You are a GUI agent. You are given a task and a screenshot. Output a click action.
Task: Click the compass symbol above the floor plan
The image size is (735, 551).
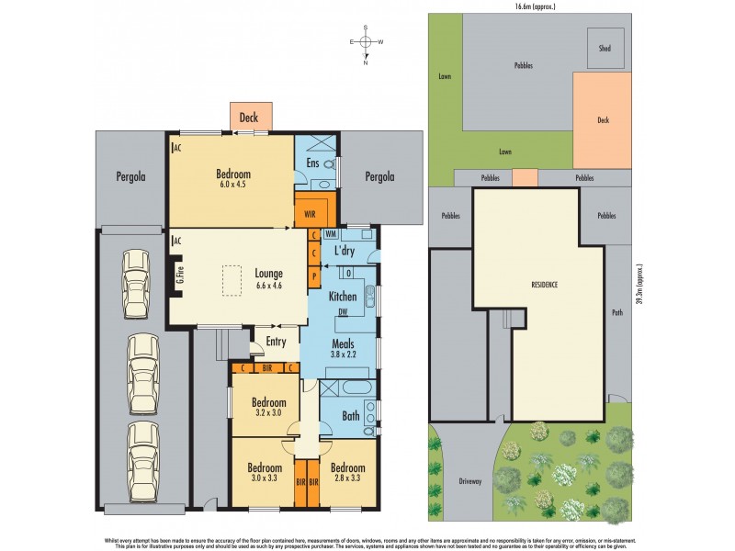pos(366,43)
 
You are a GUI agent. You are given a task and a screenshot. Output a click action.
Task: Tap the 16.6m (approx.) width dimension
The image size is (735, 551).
pos(530,6)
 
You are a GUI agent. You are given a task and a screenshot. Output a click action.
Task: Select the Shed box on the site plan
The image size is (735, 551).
pos(605,47)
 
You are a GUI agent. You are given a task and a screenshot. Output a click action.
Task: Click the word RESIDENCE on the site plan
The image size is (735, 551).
pos(544,285)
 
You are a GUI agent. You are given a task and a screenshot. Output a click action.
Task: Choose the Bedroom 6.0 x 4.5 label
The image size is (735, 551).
pos(233,177)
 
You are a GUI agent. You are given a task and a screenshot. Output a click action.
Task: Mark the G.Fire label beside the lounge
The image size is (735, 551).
pos(179,275)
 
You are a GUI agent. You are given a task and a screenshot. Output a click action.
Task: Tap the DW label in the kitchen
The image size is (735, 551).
pos(342,313)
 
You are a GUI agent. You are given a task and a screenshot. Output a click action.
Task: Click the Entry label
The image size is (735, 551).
pos(276,342)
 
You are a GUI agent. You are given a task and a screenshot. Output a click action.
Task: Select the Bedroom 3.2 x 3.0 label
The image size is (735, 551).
pos(269,407)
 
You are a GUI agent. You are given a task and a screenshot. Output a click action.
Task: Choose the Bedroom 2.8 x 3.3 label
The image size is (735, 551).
pos(347,470)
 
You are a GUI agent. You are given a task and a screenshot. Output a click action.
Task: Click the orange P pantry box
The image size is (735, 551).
pos(314,275)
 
